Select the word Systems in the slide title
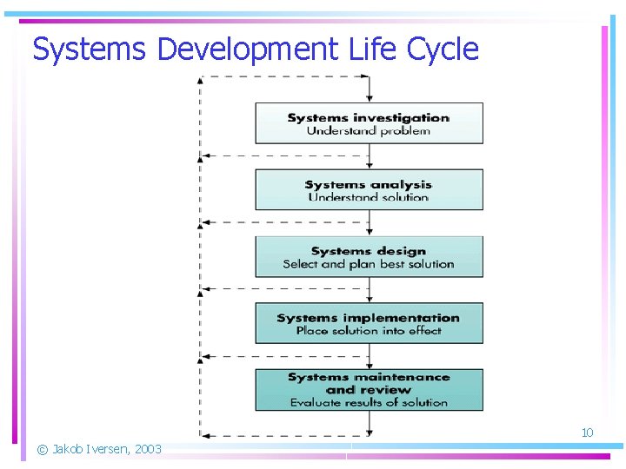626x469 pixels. click(x=89, y=50)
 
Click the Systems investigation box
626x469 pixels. click(x=369, y=123)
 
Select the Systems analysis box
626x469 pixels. click(x=369, y=189)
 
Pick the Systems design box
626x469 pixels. click(x=369, y=256)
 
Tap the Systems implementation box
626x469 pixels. click(x=369, y=323)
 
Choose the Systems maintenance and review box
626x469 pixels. click(x=369, y=390)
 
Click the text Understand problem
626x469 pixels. click(x=369, y=131)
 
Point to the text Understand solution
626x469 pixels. click(x=369, y=197)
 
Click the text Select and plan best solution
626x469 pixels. click(x=369, y=264)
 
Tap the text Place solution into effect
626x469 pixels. click(x=369, y=331)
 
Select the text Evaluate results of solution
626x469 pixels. click(x=369, y=403)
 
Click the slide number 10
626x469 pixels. click(x=587, y=433)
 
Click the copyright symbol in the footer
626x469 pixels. click(x=42, y=449)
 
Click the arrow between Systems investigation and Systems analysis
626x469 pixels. click(x=370, y=156)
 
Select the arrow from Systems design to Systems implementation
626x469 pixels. click(x=370, y=290)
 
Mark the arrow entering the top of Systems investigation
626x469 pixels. click(x=370, y=89)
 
